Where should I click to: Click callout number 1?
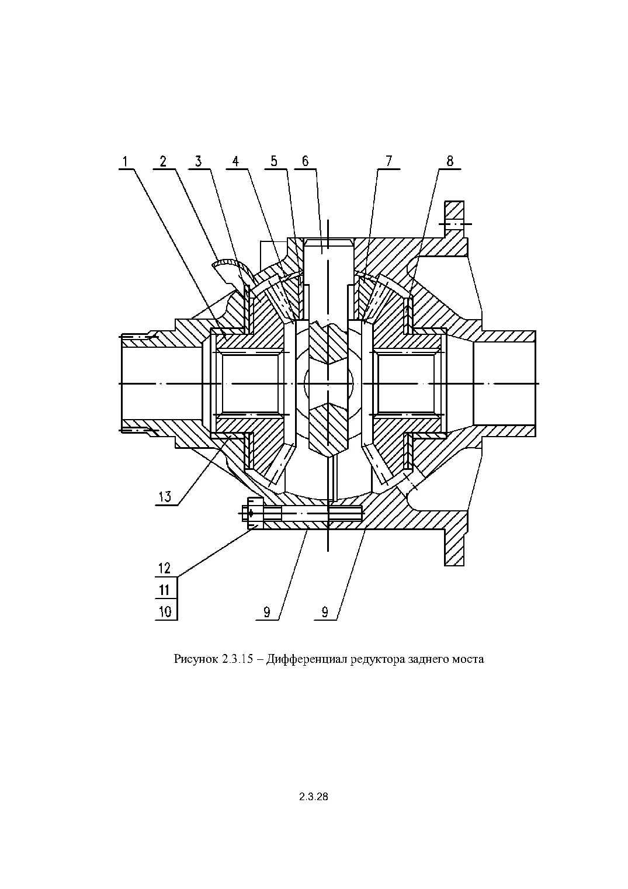[x=125, y=161]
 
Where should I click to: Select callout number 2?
[x=163, y=161]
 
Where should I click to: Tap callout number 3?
[x=199, y=161]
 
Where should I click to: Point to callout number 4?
[x=235, y=161]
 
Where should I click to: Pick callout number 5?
[x=274, y=161]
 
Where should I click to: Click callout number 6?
[x=305, y=161]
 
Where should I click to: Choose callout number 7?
[x=389, y=161]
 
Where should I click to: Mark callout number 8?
[x=449, y=161]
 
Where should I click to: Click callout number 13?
[x=165, y=496]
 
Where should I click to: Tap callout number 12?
[x=165, y=568]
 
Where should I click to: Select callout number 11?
[x=165, y=590]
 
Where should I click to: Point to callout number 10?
[x=165, y=611]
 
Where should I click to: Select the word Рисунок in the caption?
[x=196, y=660]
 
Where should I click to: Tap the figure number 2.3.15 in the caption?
[x=237, y=659]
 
